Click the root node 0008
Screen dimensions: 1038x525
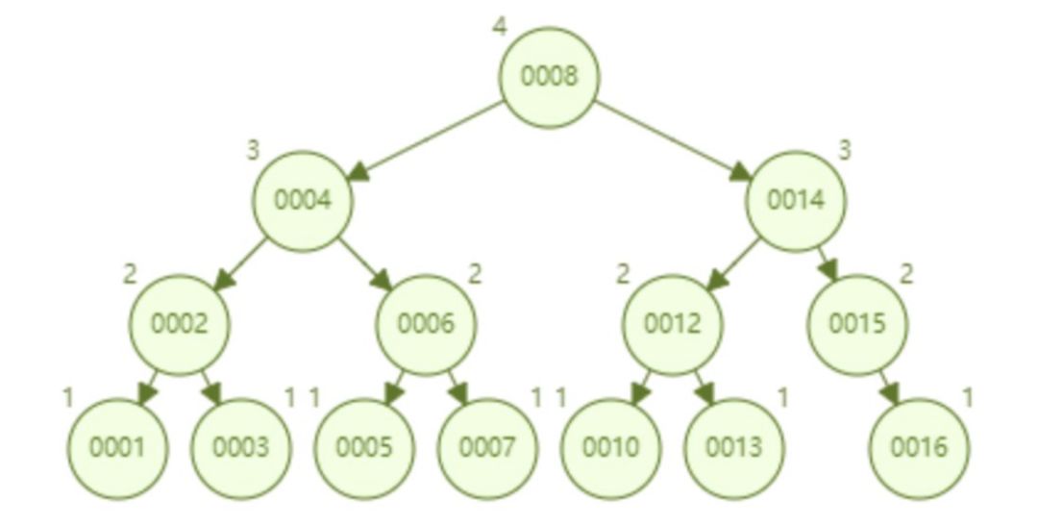(549, 77)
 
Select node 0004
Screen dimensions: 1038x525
(303, 200)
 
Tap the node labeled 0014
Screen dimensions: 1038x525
(796, 200)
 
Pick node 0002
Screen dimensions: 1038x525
(180, 324)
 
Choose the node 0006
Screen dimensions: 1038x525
(426, 324)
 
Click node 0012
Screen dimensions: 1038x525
(672, 324)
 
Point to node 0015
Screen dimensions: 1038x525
(856, 324)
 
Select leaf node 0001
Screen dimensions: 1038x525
(117, 447)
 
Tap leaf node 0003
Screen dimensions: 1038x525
(240, 447)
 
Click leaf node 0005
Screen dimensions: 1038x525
(364, 447)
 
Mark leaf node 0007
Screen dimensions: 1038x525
(487, 447)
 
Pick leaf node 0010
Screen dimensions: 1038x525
(610, 447)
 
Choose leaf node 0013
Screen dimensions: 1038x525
(733, 447)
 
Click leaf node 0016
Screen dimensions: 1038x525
(918, 447)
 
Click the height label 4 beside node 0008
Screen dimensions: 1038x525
(499, 26)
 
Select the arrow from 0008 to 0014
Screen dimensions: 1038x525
(673, 138)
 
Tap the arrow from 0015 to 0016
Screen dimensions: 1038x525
(886, 386)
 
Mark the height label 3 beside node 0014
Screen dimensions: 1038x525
(845, 150)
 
